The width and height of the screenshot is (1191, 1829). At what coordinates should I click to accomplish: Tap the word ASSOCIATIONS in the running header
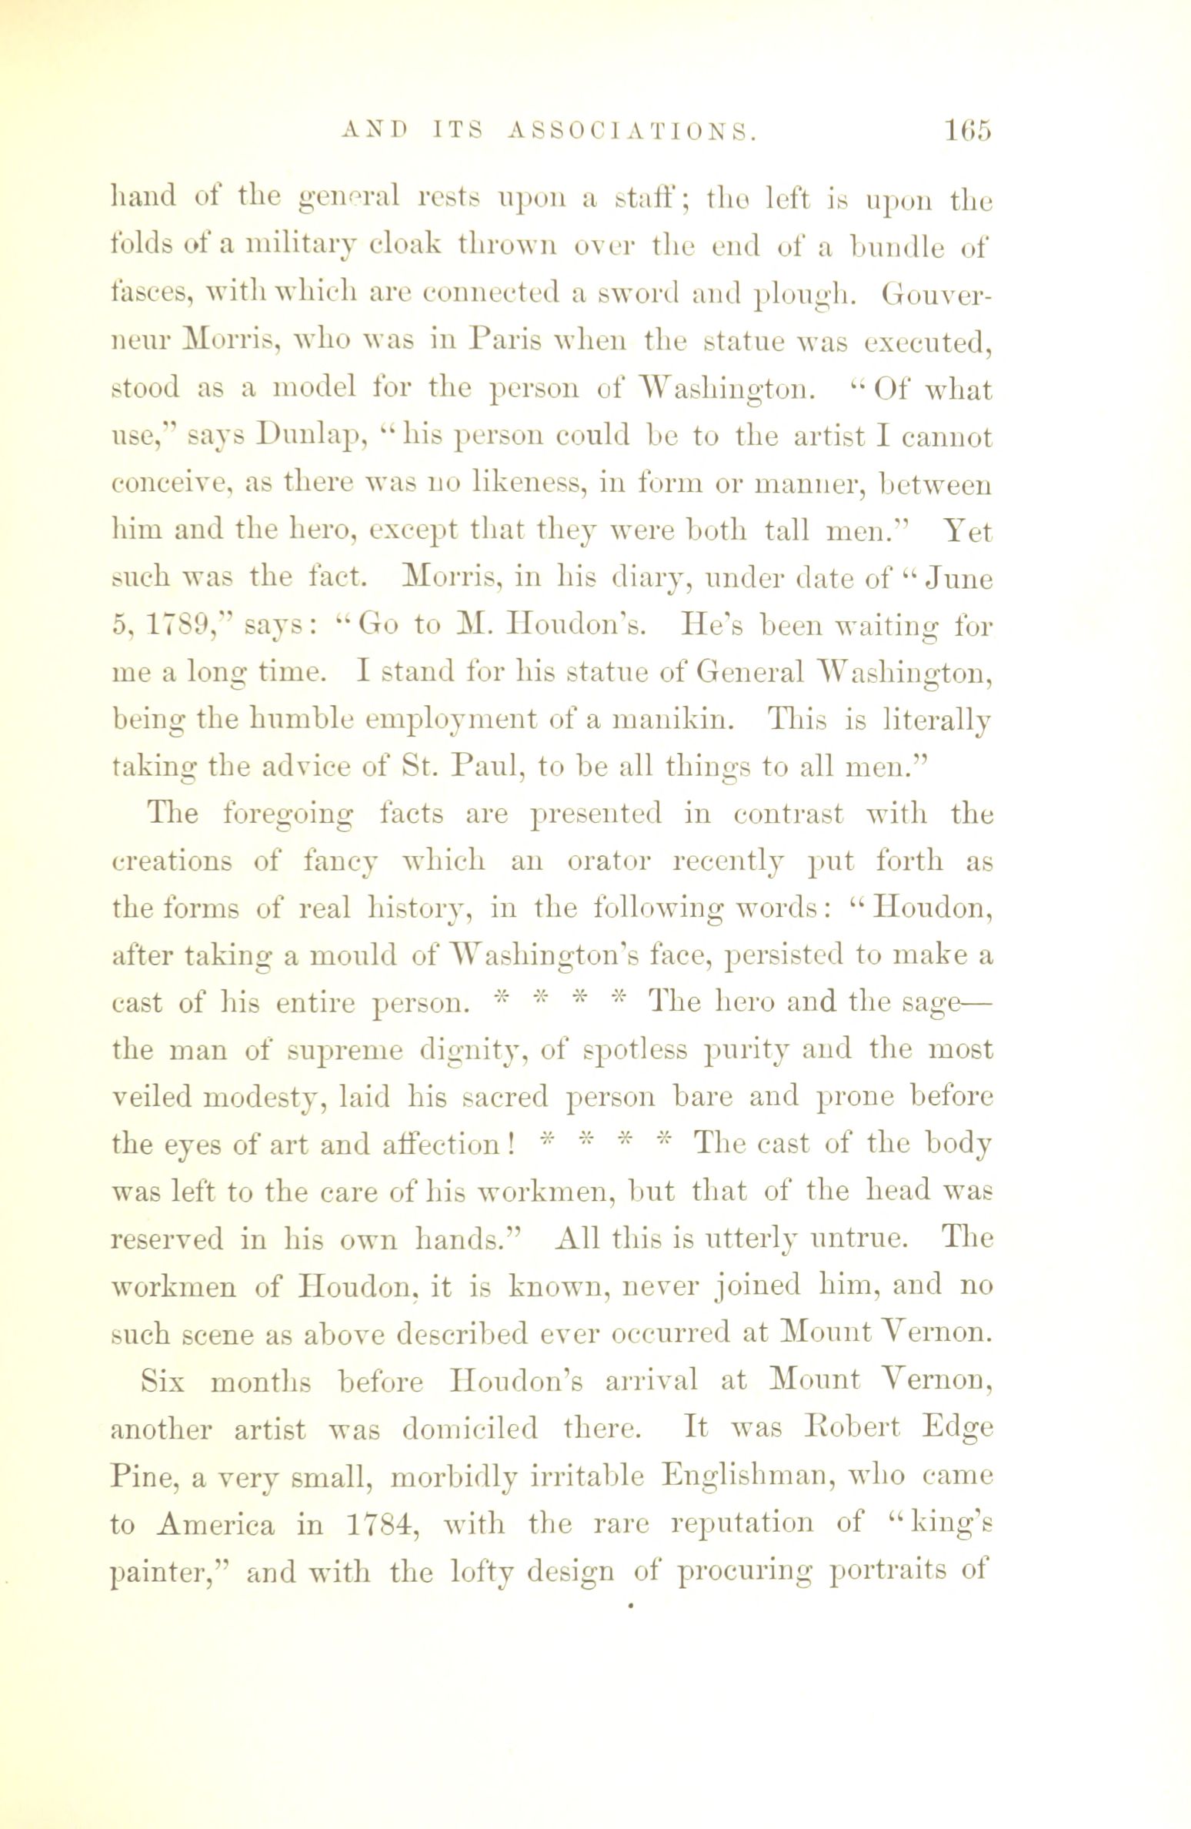tap(630, 132)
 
